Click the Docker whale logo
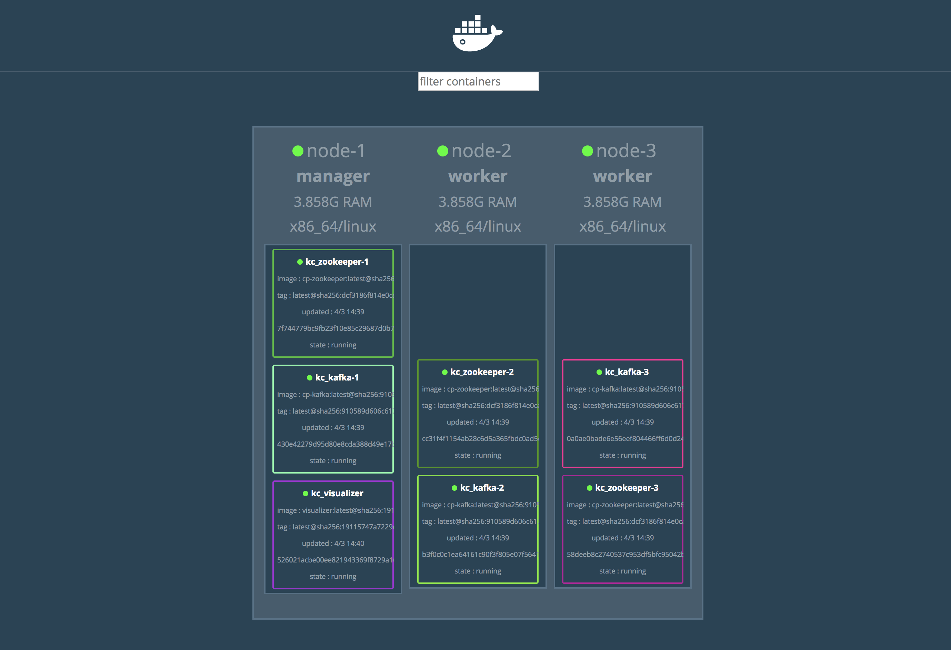(x=477, y=33)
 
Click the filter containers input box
(x=478, y=81)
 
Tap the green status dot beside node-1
(x=298, y=151)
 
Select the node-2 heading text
(x=481, y=151)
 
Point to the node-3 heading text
(x=626, y=151)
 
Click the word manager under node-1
(x=333, y=176)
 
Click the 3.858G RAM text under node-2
(x=478, y=202)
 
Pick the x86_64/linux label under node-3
(x=622, y=226)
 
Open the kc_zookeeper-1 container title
(x=337, y=262)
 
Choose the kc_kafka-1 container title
(x=337, y=378)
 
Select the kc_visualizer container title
(x=337, y=493)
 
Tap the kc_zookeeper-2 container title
(x=482, y=372)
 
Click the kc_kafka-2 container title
(x=482, y=488)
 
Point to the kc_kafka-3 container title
(x=627, y=372)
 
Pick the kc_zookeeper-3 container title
(x=627, y=488)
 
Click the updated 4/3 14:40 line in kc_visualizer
(x=333, y=543)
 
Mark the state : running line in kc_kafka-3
(x=622, y=455)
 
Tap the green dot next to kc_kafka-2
(x=454, y=488)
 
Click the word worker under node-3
(x=622, y=176)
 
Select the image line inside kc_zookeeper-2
(x=480, y=389)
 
